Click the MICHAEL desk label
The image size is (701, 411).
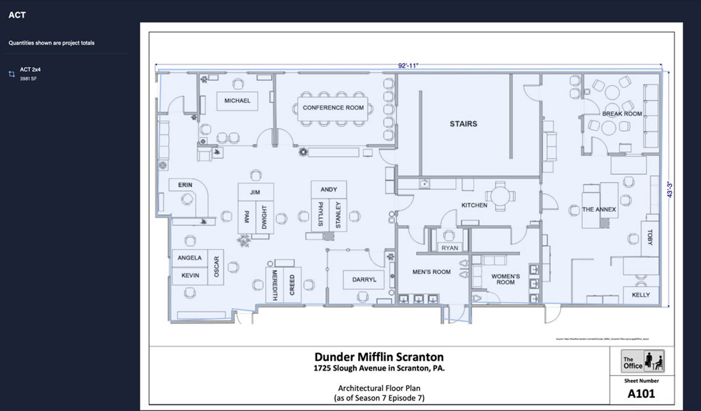click(x=237, y=100)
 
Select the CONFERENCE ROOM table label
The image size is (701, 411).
click(x=333, y=107)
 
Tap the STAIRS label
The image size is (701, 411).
click(x=463, y=124)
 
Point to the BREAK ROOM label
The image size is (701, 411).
click(x=622, y=114)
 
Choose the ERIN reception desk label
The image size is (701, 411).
click(x=185, y=185)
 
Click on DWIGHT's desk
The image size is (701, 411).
click(x=264, y=217)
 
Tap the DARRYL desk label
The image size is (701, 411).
click(x=364, y=280)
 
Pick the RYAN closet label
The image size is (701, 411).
click(x=449, y=248)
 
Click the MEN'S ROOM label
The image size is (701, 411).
click(x=431, y=271)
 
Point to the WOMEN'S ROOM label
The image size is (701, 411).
click(x=505, y=279)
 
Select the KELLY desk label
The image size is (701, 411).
click(x=640, y=295)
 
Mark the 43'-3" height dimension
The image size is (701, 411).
click(x=673, y=189)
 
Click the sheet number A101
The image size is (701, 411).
click(x=641, y=393)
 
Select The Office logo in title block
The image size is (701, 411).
click(x=643, y=361)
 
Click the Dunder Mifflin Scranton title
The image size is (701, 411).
click(x=379, y=357)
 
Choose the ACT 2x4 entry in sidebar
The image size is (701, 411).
click(x=30, y=69)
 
